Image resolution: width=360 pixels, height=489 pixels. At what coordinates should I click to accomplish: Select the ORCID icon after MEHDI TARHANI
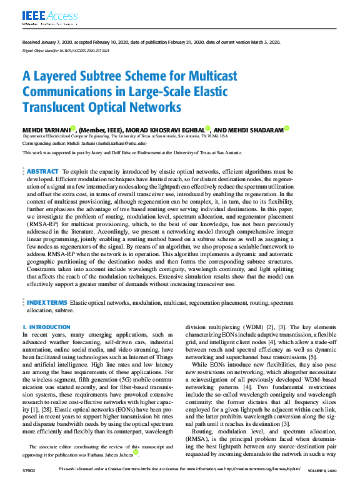[72, 128]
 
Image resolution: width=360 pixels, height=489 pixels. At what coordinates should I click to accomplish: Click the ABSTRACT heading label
[42, 171]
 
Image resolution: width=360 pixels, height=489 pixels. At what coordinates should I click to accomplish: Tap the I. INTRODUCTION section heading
[46, 327]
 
